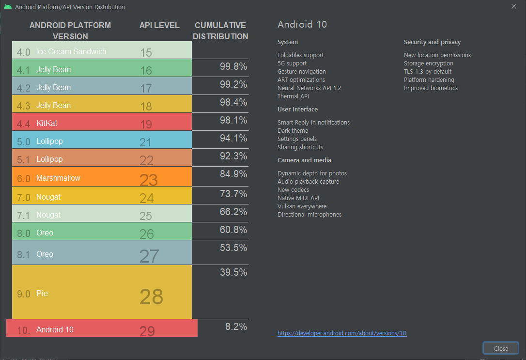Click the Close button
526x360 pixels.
pyautogui.click(x=501, y=348)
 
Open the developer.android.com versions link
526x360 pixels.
pyautogui.click(x=342, y=333)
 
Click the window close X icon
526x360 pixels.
pyautogui.click(x=514, y=6)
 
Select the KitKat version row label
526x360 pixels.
pyautogui.click(x=46, y=124)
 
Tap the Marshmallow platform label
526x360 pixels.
pyautogui.click(x=58, y=178)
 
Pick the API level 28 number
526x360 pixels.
pyautogui.click(x=151, y=297)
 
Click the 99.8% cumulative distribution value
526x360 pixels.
pyautogui.click(x=233, y=66)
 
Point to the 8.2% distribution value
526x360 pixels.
pyautogui.click(x=236, y=327)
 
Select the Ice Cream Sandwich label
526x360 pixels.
pyautogui.click(x=71, y=51)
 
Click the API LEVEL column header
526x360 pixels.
pyautogui.click(x=159, y=25)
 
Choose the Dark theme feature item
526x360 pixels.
pyautogui.click(x=293, y=131)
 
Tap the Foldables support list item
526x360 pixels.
pyautogui.click(x=300, y=55)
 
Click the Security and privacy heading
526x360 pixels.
pyautogui.click(x=432, y=42)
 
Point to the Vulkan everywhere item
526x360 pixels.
pyautogui.click(x=302, y=206)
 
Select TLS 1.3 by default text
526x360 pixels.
pyautogui.click(x=428, y=72)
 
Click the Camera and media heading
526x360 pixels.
pyautogui.click(x=304, y=160)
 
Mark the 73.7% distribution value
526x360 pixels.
pyautogui.click(x=233, y=194)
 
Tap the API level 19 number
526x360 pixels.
pyautogui.click(x=146, y=125)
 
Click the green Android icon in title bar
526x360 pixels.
pyautogui.click(x=8, y=7)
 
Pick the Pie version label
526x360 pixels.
pyautogui.click(x=42, y=294)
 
